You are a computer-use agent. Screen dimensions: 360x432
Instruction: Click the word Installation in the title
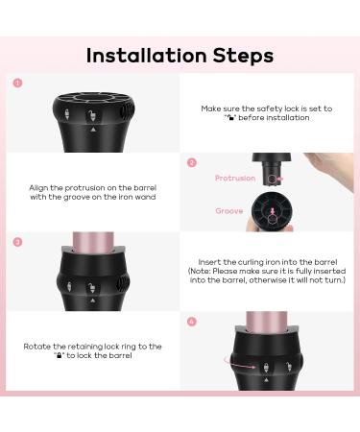(x=147, y=56)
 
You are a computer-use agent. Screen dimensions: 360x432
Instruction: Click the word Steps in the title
(x=243, y=56)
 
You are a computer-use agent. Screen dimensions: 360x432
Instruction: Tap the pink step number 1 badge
(x=17, y=84)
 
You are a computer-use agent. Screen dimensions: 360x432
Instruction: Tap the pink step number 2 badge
(x=192, y=162)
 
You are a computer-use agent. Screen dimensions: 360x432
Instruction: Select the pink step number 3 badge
(x=17, y=242)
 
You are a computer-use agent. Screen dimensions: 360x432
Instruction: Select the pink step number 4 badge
(x=192, y=322)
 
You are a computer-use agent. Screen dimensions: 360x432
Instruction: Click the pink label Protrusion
(x=235, y=179)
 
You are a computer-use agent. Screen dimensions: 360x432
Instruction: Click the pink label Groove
(x=229, y=211)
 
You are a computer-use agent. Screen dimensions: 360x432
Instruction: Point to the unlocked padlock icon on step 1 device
(x=92, y=116)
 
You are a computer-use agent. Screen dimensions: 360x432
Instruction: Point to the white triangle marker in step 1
(x=93, y=130)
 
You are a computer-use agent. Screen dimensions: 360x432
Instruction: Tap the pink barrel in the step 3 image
(x=93, y=242)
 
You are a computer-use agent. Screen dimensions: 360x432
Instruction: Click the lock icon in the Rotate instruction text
(x=59, y=355)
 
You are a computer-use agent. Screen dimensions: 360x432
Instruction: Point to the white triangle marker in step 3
(x=93, y=300)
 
